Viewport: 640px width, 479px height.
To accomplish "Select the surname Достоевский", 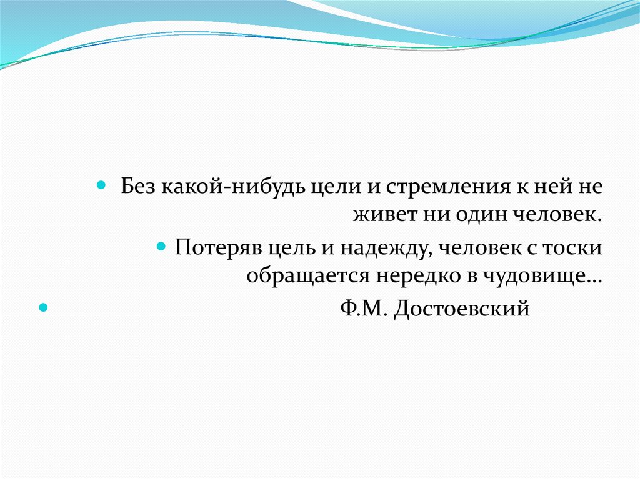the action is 462,309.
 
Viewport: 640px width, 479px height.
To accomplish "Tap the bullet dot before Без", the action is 101,185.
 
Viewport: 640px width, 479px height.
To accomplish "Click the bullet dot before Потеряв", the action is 161,245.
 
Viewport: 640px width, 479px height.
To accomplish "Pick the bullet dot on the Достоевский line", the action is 43,307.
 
